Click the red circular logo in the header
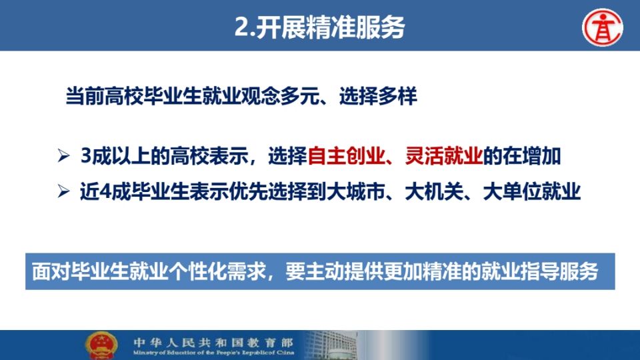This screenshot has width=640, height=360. click(603, 27)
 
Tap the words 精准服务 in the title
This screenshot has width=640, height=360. click(356, 27)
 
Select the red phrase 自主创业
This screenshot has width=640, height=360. click(346, 156)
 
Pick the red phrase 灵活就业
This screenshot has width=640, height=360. click(444, 156)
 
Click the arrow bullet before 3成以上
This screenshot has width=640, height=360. click(64, 155)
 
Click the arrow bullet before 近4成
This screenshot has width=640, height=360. click(64, 191)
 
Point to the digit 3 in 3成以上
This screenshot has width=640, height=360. click(86, 156)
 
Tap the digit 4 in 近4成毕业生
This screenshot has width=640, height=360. click(105, 192)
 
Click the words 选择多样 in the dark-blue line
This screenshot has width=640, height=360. click(378, 97)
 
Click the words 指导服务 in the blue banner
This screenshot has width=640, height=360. click(559, 271)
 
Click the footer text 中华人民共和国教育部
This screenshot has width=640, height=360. click(213, 342)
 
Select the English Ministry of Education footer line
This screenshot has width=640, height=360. click(213, 353)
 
